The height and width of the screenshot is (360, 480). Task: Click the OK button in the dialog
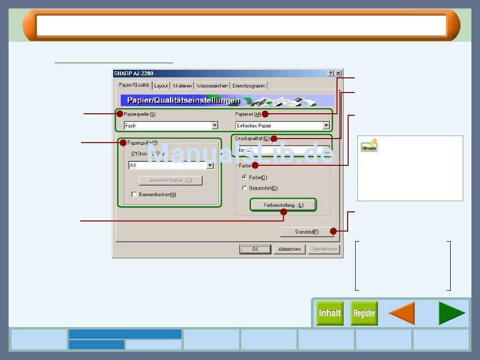[255, 249]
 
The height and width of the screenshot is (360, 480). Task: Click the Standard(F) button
[307, 232]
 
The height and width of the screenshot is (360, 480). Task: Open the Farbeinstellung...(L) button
[283, 205]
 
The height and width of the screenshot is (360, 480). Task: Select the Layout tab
[161, 86]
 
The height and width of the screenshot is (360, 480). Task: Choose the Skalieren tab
[182, 86]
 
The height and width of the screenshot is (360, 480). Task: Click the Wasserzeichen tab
[212, 86]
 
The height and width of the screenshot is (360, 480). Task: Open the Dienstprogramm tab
[248, 86]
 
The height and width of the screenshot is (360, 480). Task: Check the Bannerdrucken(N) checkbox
[134, 194]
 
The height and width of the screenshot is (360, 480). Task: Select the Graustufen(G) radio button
[245, 188]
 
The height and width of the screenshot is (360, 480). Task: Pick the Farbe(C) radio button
[245, 177]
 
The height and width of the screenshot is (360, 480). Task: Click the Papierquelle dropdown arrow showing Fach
[215, 125]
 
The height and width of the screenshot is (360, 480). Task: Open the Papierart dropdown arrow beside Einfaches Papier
[326, 125]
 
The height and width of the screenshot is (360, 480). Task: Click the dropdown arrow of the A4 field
[210, 165]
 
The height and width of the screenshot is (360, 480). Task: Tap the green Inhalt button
[329, 313]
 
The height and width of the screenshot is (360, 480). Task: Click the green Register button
[364, 313]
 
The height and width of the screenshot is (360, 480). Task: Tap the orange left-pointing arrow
[402, 313]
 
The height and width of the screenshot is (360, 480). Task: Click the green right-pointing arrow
[451, 313]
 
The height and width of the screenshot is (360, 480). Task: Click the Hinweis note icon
[369, 146]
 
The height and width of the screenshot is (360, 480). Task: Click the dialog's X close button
[339, 73]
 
